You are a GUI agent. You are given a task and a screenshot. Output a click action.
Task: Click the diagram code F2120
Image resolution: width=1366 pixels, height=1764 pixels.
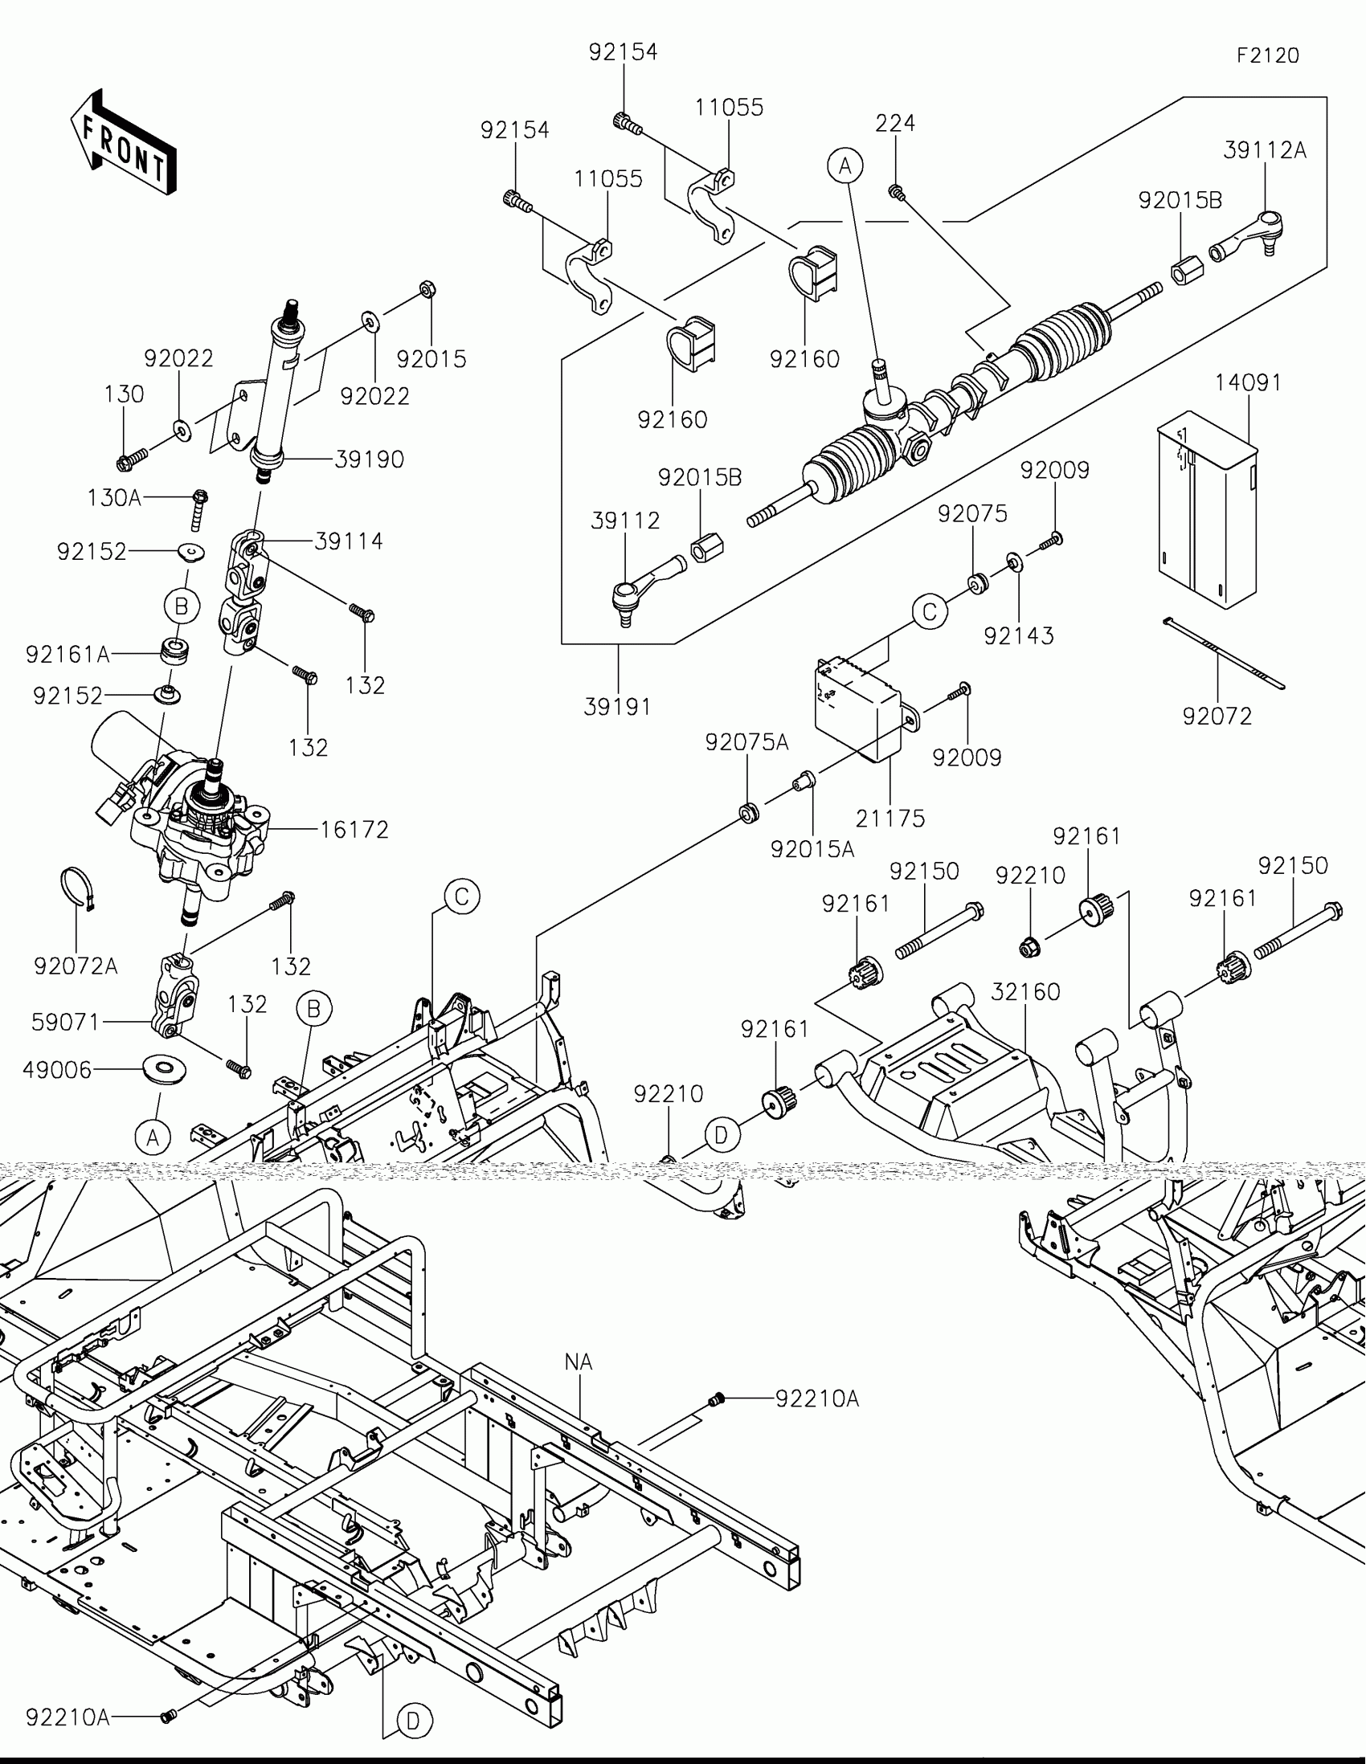point(1267,55)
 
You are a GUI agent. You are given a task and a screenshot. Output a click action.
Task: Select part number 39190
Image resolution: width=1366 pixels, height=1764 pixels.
point(369,459)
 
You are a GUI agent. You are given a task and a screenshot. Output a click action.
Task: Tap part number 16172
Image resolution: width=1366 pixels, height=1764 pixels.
point(354,830)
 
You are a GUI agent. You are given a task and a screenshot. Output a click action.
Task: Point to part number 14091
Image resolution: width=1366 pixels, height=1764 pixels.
point(1249,382)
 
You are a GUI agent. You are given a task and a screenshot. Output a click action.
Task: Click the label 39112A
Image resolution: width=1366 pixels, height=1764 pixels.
point(1264,150)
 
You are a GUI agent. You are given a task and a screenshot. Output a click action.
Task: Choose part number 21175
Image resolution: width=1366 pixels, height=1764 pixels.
point(890,819)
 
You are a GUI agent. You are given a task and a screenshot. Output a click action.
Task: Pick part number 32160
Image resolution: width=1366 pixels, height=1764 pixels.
point(1025,991)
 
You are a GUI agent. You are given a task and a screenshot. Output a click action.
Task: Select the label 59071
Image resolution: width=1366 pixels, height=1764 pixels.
point(65,1023)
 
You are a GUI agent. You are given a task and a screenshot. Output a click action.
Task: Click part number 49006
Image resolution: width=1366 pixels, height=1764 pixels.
point(57,1070)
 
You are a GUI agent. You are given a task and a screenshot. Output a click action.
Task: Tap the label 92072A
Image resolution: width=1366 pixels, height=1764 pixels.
point(76,966)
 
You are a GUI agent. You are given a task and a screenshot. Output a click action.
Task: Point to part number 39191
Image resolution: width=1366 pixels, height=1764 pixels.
point(617,707)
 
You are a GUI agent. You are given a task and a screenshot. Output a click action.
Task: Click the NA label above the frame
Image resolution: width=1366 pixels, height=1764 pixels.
point(579,1362)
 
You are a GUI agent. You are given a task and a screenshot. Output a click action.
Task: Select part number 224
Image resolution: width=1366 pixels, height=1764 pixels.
point(895,123)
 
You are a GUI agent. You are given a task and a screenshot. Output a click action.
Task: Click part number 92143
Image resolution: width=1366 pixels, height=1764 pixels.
point(1019,635)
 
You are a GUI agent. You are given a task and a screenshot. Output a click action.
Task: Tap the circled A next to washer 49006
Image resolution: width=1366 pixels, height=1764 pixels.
point(152,1138)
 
